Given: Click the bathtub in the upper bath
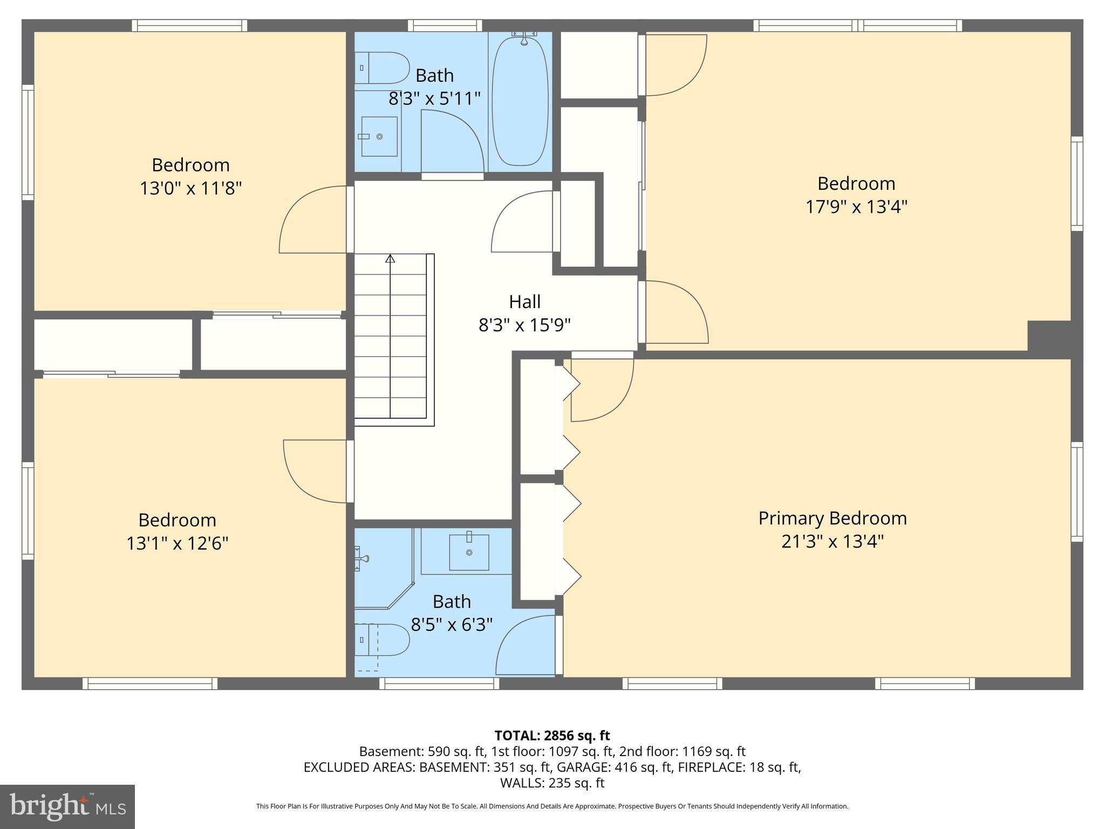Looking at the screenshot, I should coord(520,101).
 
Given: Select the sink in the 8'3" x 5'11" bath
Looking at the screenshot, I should coord(379,137).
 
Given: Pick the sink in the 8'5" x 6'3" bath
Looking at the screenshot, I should coord(469,552).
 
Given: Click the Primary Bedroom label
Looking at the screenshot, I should coord(832,518).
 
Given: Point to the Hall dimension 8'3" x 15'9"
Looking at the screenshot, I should coord(524,325).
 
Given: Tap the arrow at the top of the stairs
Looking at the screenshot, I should coord(390,259).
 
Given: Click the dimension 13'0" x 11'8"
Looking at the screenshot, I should coord(190,188).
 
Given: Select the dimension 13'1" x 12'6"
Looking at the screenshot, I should coord(177,543).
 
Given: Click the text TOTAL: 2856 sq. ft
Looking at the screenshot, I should coord(552,736).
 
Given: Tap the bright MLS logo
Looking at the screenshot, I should coord(67,806).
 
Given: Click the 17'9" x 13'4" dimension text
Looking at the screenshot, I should coord(856,207).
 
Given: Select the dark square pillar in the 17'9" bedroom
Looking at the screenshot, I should coord(1048,336).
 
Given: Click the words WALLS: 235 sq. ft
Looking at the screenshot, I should coord(552,783).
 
